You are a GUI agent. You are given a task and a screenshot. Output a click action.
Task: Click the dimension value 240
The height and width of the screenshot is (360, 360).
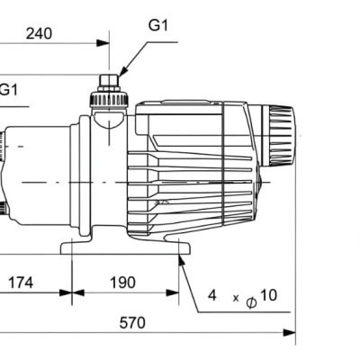[39, 33]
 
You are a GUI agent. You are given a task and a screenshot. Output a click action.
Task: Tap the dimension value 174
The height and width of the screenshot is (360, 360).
[21, 283]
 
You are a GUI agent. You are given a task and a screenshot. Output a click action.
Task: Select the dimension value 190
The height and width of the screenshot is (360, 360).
[122, 283]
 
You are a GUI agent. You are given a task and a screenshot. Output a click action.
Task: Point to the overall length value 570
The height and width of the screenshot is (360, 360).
[132, 323]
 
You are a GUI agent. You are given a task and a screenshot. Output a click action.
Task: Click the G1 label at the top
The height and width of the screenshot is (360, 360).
[158, 25]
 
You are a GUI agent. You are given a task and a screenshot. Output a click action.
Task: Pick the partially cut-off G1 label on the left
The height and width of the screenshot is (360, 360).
[8, 89]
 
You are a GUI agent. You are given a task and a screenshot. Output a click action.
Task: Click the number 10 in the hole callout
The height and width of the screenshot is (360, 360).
[268, 295]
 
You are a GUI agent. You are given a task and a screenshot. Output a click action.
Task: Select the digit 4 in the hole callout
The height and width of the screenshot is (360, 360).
[212, 295]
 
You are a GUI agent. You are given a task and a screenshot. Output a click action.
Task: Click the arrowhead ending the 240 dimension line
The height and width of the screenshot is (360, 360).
[103, 43]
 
